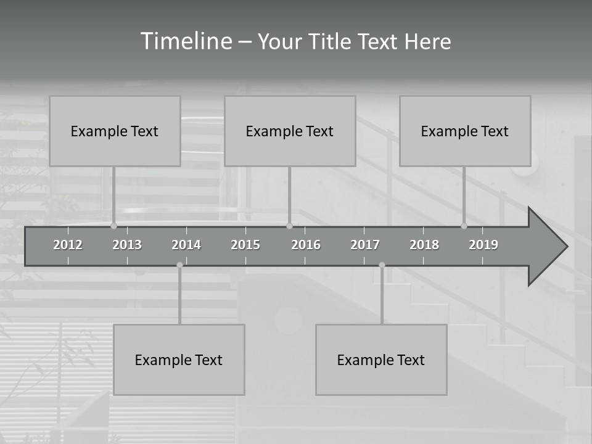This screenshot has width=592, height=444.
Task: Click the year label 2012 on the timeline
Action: point(68,245)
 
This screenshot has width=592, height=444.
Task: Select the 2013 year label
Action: point(127,245)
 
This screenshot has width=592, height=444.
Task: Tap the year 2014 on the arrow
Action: point(186,245)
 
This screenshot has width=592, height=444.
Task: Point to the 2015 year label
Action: point(245,245)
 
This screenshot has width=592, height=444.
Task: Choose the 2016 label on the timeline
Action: point(306,245)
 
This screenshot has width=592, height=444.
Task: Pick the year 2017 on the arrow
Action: point(365,245)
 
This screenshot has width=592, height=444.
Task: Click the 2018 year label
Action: point(424,245)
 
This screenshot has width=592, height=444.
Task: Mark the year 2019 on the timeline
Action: point(483,245)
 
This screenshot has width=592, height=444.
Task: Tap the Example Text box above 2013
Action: point(115,131)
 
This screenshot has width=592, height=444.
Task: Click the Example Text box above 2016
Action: point(290,131)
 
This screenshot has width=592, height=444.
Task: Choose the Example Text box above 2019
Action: point(465,131)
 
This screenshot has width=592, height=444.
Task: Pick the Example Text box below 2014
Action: point(179,360)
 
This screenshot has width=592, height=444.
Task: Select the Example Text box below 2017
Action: point(381,360)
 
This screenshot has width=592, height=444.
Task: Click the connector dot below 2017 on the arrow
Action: point(382,265)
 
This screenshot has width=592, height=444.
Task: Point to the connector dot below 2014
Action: point(179,265)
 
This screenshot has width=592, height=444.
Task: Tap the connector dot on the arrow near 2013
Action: point(113,226)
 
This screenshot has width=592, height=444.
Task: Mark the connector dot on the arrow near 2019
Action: point(464,226)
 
